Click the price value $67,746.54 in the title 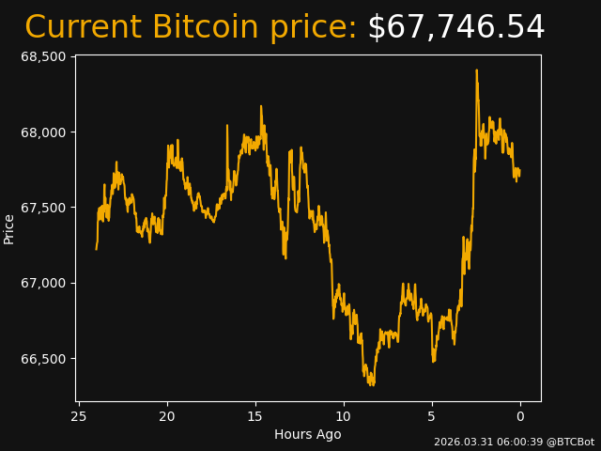pyautogui.click(x=455, y=28)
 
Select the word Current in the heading pyautogui.click(x=84, y=28)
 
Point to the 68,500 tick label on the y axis pyautogui.click(x=43, y=56)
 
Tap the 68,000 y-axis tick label pyautogui.click(x=43, y=132)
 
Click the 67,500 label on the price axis pyautogui.click(x=43, y=208)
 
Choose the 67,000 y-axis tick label pyautogui.click(x=43, y=283)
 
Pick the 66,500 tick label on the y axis pyautogui.click(x=43, y=359)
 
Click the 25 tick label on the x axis pyautogui.click(x=79, y=416)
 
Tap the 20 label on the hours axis pyautogui.click(x=167, y=416)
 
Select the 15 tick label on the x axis pyautogui.click(x=255, y=416)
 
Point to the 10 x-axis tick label pyautogui.click(x=344, y=416)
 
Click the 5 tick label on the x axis pyautogui.click(x=432, y=416)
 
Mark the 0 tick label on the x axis pyautogui.click(x=520, y=416)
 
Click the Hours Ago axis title pyautogui.click(x=308, y=434)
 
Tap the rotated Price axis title pyautogui.click(x=9, y=228)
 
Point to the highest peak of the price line pyautogui.click(x=476, y=70)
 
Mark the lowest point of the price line pyautogui.click(x=372, y=385)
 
